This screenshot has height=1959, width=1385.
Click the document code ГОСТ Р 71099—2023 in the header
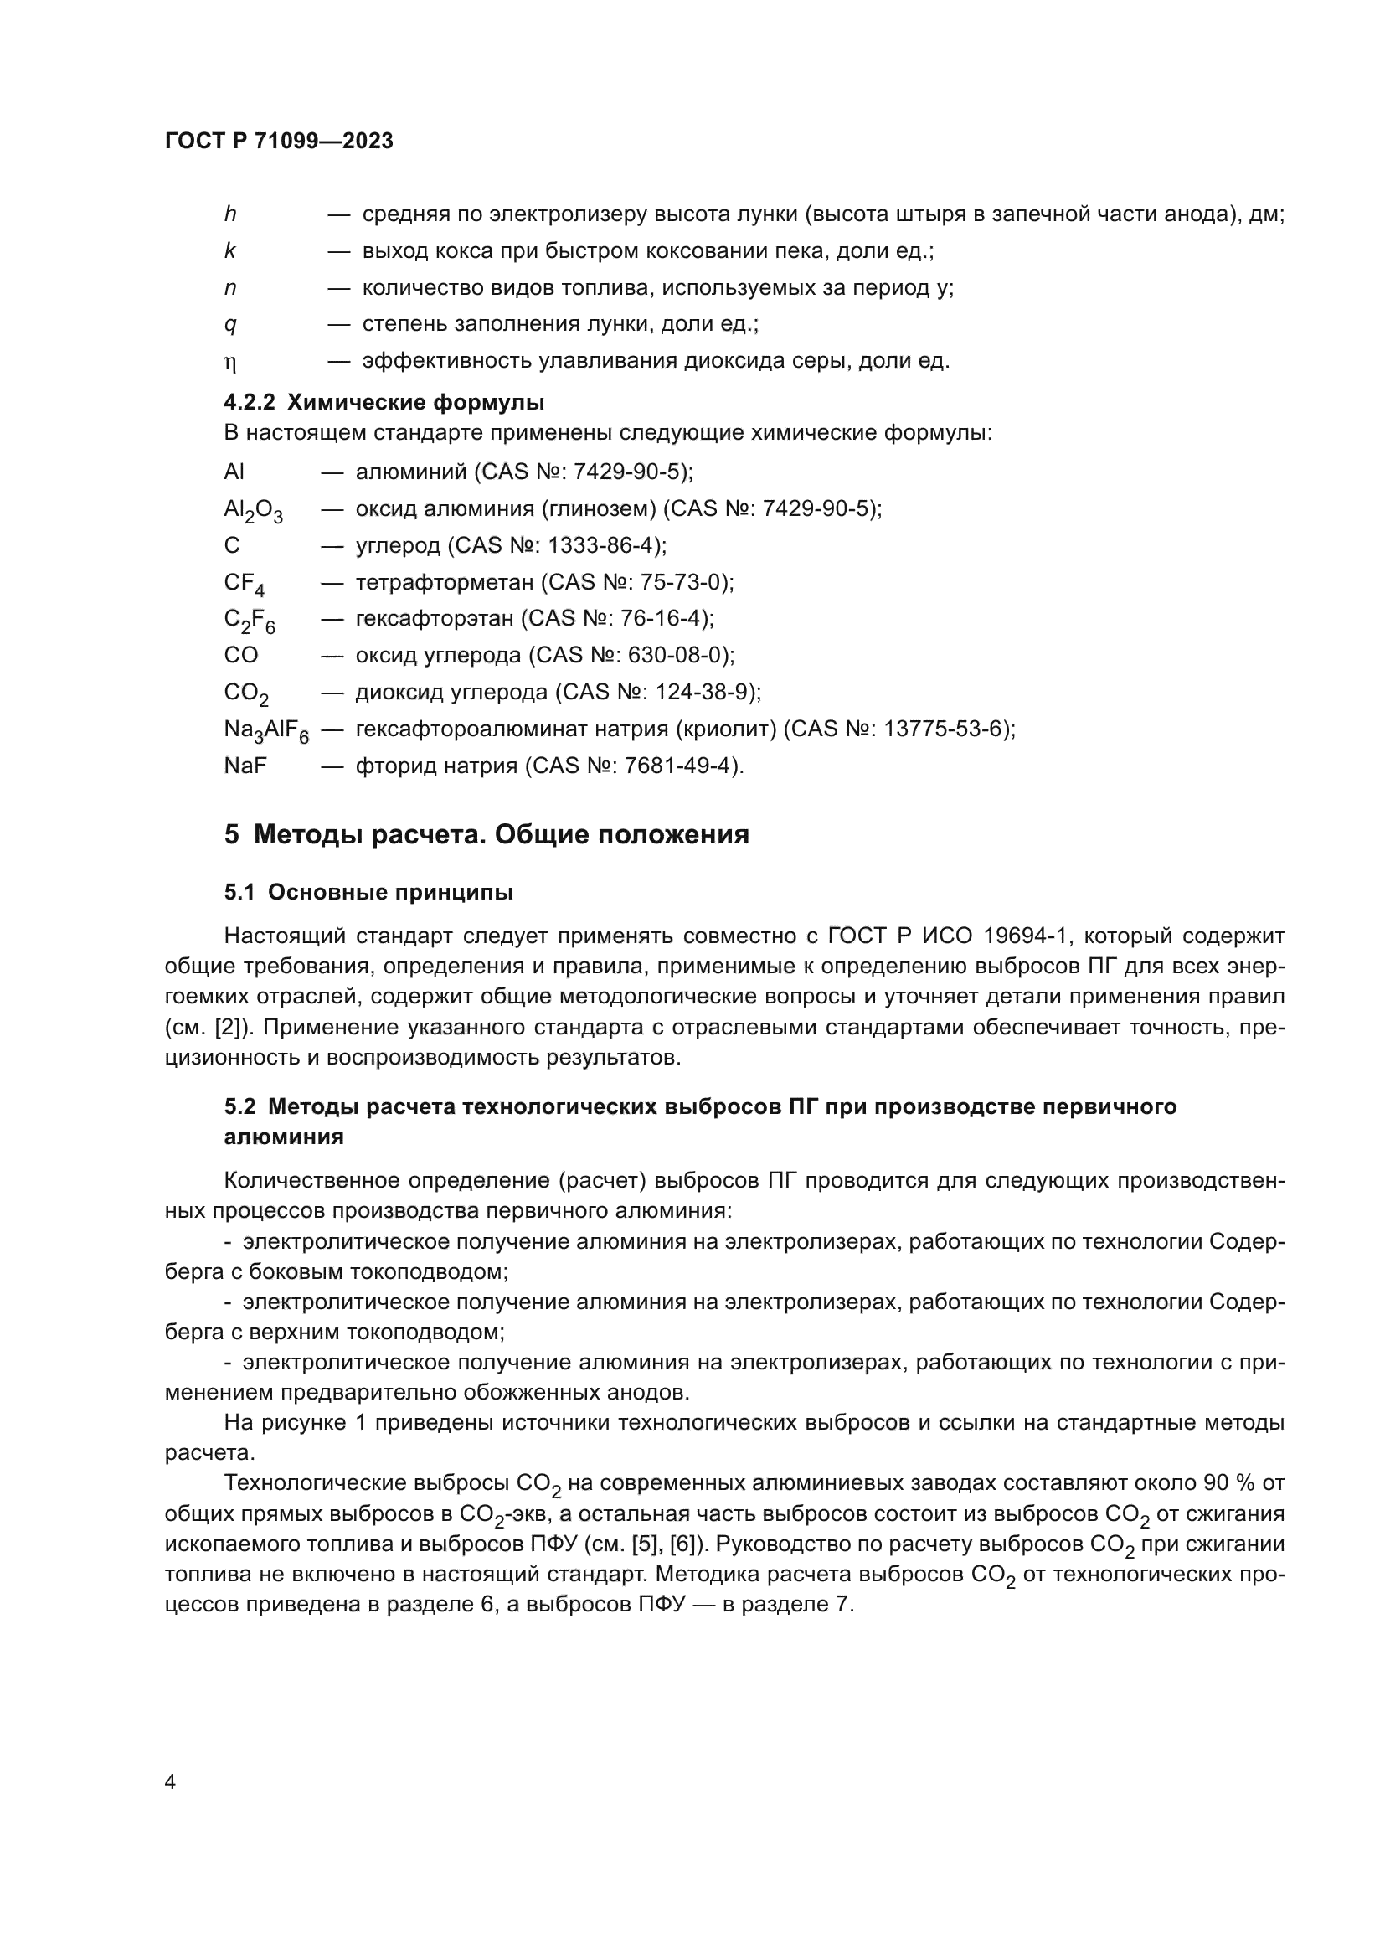[x=279, y=142]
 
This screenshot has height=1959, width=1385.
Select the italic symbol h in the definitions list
[x=230, y=214]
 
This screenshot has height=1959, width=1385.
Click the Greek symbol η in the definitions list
[x=230, y=363]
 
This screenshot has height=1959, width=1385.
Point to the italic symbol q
[x=230, y=325]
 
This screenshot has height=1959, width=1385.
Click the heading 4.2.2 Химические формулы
[x=384, y=401]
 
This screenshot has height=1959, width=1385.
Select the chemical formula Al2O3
[x=253, y=510]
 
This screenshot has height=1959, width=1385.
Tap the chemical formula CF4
[x=244, y=584]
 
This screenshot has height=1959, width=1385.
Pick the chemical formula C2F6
[x=249, y=621]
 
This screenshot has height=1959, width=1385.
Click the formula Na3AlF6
[x=266, y=730]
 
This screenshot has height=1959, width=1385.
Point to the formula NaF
[x=245, y=766]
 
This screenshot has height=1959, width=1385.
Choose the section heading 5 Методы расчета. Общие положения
[x=487, y=834]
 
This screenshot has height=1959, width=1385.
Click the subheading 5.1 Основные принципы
[x=368, y=893]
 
